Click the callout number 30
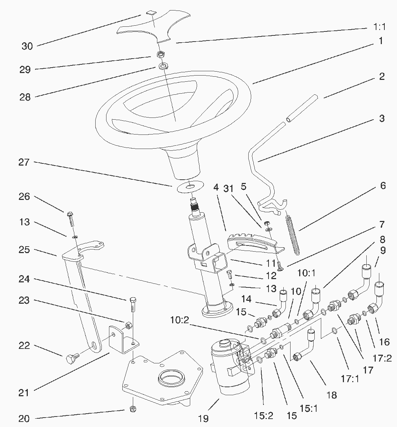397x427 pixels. pos(27,46)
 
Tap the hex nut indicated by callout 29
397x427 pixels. pos(161,55)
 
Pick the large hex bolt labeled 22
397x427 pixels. pos(71,359)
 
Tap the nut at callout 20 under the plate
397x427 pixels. pos(132,410)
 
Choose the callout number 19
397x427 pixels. pos(203,419)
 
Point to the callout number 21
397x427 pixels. pos(24,393)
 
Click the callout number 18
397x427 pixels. pos(331,395)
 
